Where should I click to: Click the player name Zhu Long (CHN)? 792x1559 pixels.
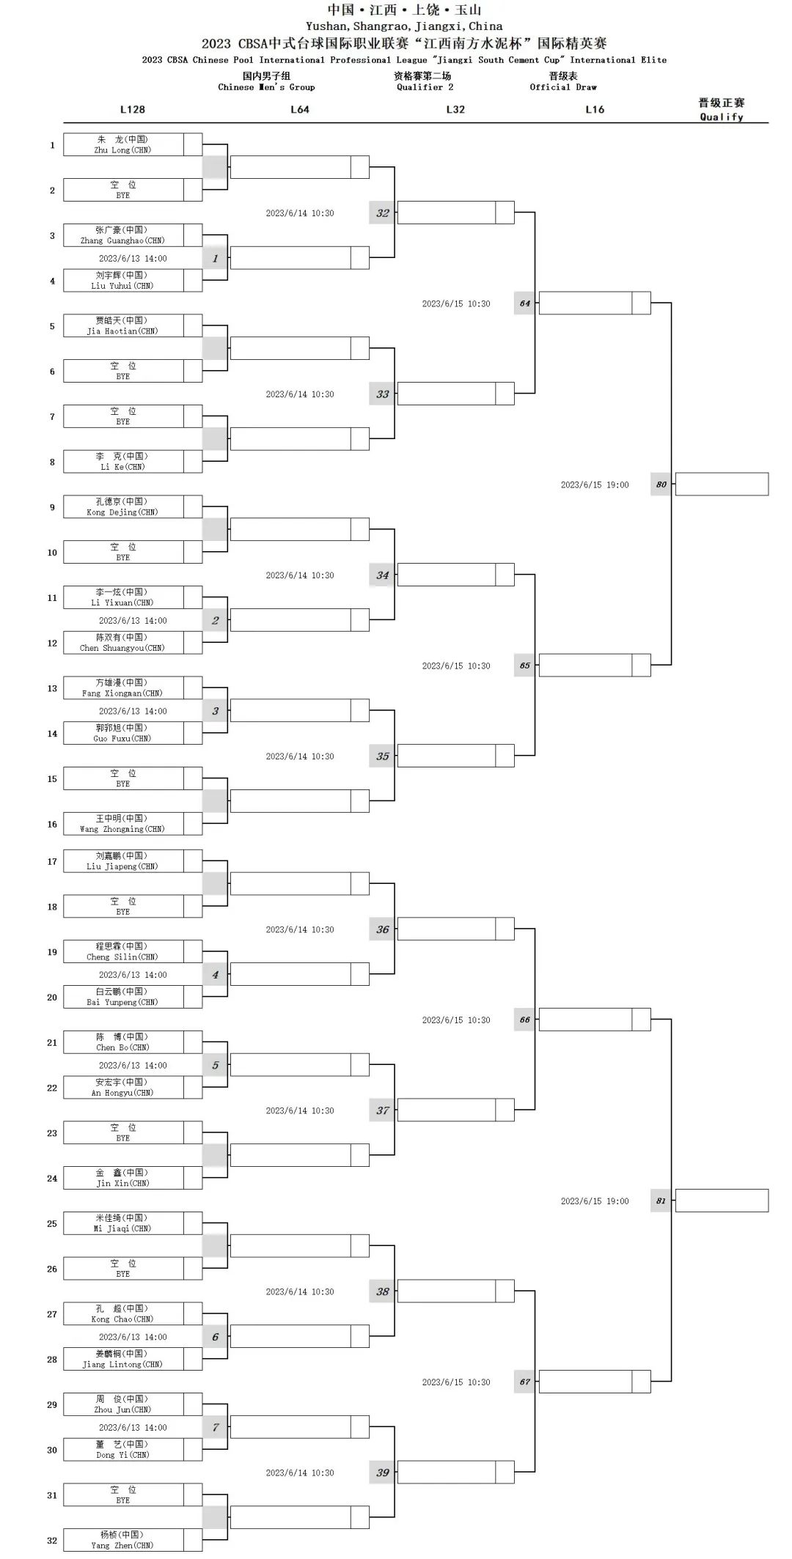coord(122,144)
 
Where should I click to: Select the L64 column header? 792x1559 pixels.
coord(299,109)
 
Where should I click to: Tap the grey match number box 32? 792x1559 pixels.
coord(382,213)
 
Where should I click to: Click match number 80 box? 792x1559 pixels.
coord(661,484)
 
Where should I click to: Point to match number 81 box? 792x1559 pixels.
coord(661,1201)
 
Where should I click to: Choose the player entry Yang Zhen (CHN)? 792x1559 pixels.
coord(122,1540)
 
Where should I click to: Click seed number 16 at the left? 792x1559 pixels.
coord(52,825)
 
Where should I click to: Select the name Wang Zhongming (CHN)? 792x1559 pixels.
coord(122,824)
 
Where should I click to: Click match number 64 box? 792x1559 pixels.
coord(524,303)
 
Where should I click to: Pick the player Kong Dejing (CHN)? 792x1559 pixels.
coord(122,506)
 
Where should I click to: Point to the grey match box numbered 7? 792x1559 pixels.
coord(215,1427)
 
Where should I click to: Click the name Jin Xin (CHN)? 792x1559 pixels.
coord(122,1178)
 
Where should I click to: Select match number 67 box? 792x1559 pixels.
coord(524,1382)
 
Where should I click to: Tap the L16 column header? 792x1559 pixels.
coord(595,109)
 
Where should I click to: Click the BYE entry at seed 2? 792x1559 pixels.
coord(122,190)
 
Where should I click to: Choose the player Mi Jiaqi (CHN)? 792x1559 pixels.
coord(122,1223)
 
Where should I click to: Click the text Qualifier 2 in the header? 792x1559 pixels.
coord(425,87)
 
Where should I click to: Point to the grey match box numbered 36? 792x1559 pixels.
coord(382,929)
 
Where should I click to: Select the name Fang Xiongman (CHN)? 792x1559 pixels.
coord(122,688)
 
